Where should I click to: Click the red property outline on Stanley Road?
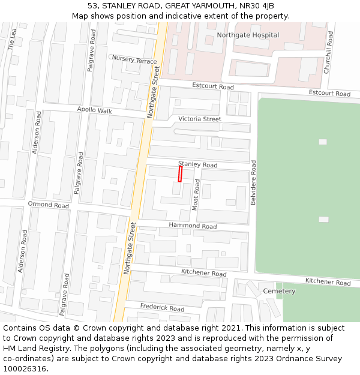click(180, 174)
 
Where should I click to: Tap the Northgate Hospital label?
click(248, 35)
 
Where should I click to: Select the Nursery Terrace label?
click(134, 60)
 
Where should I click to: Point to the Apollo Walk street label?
click(95, 110)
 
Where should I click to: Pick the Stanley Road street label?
click(197, 164)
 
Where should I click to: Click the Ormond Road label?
click(49, 205)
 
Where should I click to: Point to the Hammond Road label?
click(193, 226)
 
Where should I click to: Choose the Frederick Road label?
click(162, 308)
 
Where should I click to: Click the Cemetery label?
click(279, 291)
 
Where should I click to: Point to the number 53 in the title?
click(92, 5)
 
